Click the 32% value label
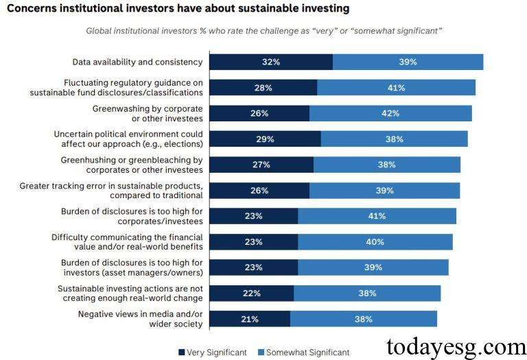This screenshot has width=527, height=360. click(271, 62)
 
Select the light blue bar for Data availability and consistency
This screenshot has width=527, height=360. click(408, 62)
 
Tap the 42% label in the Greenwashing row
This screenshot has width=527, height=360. click(390, 113)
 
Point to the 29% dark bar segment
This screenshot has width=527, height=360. click(265, 139)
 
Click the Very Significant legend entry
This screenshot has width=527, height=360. click(212, 352)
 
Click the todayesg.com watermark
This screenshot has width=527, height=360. click(456, 345)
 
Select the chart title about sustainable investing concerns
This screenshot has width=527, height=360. click(177, 9)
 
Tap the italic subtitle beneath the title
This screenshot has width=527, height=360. click(263, 31)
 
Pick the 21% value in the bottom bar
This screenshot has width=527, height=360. click(250, 319)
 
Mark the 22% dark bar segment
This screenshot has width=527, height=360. click(251, 293)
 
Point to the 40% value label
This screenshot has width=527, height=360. click(375, 242)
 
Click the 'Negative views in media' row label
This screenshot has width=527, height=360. click(140, 319)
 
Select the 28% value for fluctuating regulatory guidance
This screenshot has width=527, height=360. click(263, 88)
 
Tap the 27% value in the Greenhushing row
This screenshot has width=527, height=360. click(261, 165)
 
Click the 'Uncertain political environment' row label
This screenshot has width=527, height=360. click(128, 139)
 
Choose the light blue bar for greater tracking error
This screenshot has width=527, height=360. click(384, 191)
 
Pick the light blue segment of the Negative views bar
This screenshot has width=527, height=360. click(363, 319)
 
